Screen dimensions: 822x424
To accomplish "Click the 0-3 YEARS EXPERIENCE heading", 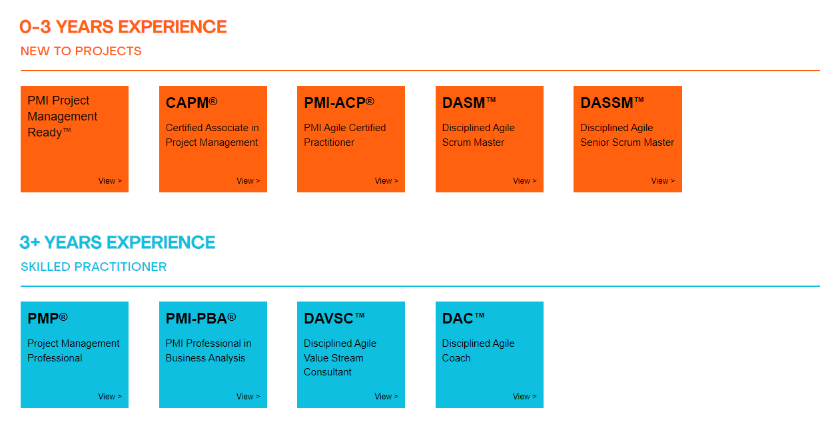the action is [123, 27].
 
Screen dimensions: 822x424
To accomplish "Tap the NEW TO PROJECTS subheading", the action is [81, 51].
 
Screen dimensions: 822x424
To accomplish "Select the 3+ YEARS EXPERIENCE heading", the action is [117, 242].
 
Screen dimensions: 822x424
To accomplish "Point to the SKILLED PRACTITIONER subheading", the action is [93, 267].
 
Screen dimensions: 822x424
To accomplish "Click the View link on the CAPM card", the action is [248, 181].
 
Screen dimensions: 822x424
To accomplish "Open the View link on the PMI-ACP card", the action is [386, 181].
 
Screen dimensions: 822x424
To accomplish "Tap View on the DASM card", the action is [525, 181].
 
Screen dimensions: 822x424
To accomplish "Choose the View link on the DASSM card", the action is [663, 181].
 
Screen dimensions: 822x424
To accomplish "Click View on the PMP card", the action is [110, 397].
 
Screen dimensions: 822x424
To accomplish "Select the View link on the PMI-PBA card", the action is [248, 397].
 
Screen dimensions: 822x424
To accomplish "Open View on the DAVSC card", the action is [386, 397].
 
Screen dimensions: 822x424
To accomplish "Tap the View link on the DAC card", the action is [525, 397].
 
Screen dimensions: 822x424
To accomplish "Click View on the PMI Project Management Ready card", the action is [110, 181].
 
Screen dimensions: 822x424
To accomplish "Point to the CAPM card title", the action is [192, 103].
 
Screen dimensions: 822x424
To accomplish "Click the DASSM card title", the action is [612, 103].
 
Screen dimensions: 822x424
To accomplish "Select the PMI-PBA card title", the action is [201, 318].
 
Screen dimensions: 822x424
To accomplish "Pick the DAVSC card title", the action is [334, 318].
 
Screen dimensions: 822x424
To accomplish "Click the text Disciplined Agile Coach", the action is [478, 351].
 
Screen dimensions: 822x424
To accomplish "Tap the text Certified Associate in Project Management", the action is [212, 135].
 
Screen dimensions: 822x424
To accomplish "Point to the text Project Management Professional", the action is [73, 351].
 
